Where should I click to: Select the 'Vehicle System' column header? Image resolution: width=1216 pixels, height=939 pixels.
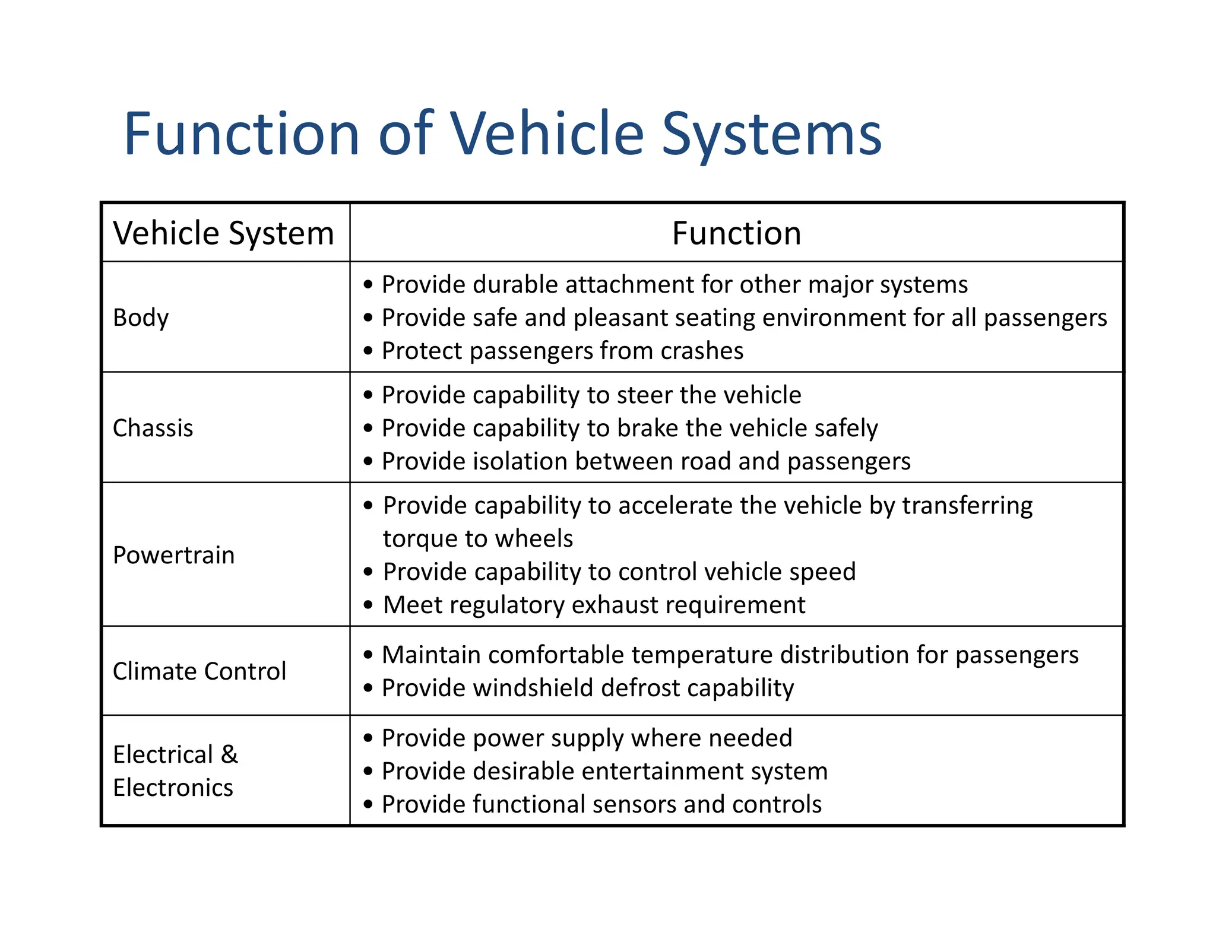point(223,233)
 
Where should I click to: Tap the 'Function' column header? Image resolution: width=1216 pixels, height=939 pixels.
point(736,233)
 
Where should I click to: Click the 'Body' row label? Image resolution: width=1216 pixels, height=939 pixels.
point(141,318)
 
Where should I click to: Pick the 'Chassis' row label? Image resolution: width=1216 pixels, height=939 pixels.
point(153,428)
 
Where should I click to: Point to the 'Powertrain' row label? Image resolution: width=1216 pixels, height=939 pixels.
point(173,555)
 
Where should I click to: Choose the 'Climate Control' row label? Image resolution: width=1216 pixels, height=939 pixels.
point(199,671)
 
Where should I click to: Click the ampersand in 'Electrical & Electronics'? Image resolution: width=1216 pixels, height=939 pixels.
point(229,754)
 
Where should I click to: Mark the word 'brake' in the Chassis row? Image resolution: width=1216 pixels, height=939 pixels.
point(647,429)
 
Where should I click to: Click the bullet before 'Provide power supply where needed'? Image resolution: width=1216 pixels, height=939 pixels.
point(369,738)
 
